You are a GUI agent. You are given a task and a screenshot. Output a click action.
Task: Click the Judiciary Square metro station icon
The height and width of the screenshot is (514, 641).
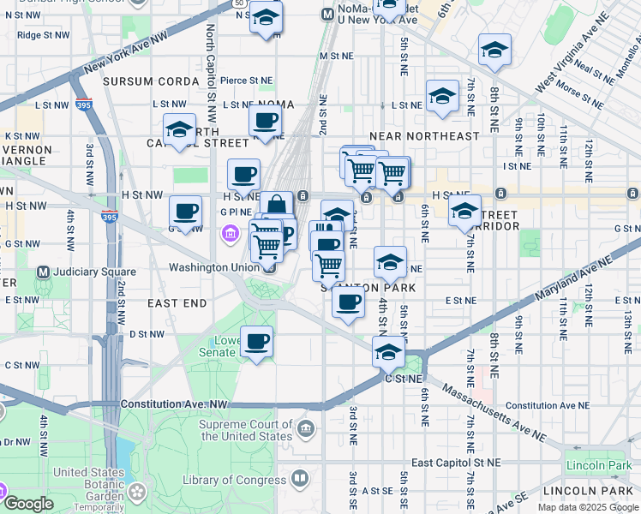coord(43,272)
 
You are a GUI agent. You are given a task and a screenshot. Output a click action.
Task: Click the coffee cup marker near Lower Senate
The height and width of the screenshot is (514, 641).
coord(256,343)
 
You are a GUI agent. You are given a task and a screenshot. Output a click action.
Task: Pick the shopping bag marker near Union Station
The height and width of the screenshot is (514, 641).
coord(277,206)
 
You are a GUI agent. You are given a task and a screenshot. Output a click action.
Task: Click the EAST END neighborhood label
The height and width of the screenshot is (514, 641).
coord(177,303)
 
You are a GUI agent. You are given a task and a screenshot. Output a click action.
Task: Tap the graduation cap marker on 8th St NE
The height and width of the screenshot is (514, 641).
coord(494,51)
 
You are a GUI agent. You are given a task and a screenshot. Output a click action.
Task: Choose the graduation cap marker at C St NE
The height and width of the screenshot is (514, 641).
coord(388,352)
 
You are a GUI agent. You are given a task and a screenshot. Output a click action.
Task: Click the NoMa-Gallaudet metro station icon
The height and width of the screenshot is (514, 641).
coord(327,15)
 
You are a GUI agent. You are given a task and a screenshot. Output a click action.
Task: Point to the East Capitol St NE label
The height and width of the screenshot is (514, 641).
coord(454,463)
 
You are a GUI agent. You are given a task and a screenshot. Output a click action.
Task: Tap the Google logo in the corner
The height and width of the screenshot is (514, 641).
coord(28,504)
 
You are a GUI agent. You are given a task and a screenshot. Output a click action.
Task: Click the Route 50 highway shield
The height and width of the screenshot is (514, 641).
coord(237,3)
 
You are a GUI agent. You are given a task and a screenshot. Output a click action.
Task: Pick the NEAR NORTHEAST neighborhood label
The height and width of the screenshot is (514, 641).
coord(424,136)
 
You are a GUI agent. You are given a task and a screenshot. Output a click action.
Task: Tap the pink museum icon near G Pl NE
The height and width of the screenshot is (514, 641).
coord(230,233)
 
